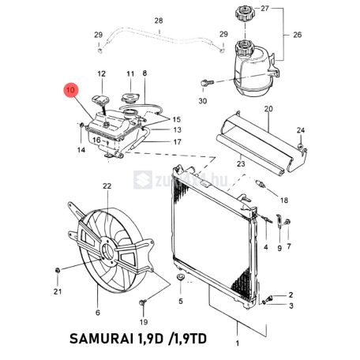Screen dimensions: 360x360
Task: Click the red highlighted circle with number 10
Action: click(72, 91)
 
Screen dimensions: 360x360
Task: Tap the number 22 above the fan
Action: click(107, 186)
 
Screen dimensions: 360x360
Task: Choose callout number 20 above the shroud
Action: click(268, 108)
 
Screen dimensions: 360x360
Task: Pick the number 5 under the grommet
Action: click(180, 301)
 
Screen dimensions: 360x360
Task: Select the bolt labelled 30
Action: click(204, 81)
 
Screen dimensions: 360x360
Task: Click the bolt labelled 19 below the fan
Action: click(142, 303)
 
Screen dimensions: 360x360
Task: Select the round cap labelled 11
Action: click(129, 99)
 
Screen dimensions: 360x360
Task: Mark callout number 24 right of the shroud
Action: click(300, 130)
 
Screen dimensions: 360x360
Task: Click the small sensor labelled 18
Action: click(260, 186)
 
